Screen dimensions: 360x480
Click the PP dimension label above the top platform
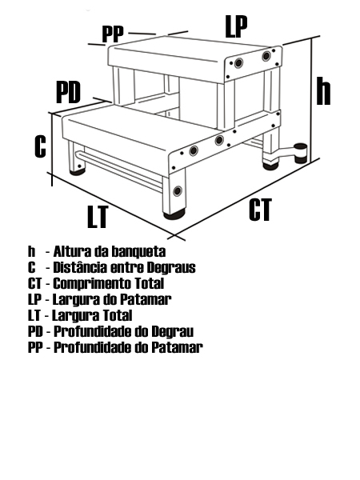113,34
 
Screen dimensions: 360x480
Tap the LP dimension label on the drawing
236,26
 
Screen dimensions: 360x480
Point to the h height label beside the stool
323,91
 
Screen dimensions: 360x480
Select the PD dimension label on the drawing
68,93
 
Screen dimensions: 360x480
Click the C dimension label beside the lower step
40,146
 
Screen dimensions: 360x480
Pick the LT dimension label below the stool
98,217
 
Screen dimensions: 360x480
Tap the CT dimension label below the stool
260,210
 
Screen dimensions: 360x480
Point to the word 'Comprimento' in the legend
92,284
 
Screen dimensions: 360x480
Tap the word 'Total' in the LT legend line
118,315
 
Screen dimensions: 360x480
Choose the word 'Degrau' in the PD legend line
173,331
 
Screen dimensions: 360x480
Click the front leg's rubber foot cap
174,215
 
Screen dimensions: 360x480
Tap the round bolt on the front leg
178,190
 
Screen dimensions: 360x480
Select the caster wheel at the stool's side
301,153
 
